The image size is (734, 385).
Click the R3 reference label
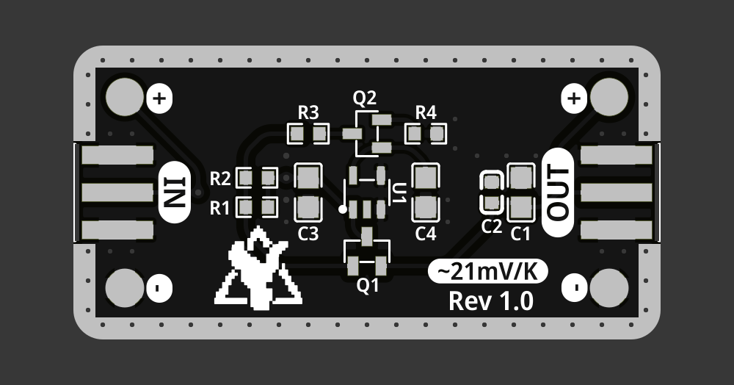(x=308, y=112)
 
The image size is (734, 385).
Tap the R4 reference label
(x=426, y=112)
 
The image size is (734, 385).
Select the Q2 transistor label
(x=365, y=97)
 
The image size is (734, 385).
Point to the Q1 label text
(x=368, y=285)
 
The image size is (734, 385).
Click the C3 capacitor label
(x=308, y=234)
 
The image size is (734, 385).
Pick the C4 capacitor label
(x=426, y=234)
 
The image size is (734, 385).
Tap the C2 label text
(x=491, y=227)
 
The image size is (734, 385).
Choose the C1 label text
(x=520, y=234)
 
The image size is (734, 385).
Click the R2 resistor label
(x=220, y=179)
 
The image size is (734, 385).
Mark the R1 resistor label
(x=220, y=208)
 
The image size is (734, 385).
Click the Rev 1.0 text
(x=490, y=301)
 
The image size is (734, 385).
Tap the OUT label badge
(x=558, y=192)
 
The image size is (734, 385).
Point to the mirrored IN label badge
(x=175, y=192)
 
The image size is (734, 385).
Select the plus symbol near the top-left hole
(x=159, y=97)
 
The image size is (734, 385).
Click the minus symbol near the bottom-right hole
(x=575, y=287)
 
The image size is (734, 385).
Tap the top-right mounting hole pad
(x=608, y=97)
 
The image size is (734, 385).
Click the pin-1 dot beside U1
(x=343, y=209)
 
